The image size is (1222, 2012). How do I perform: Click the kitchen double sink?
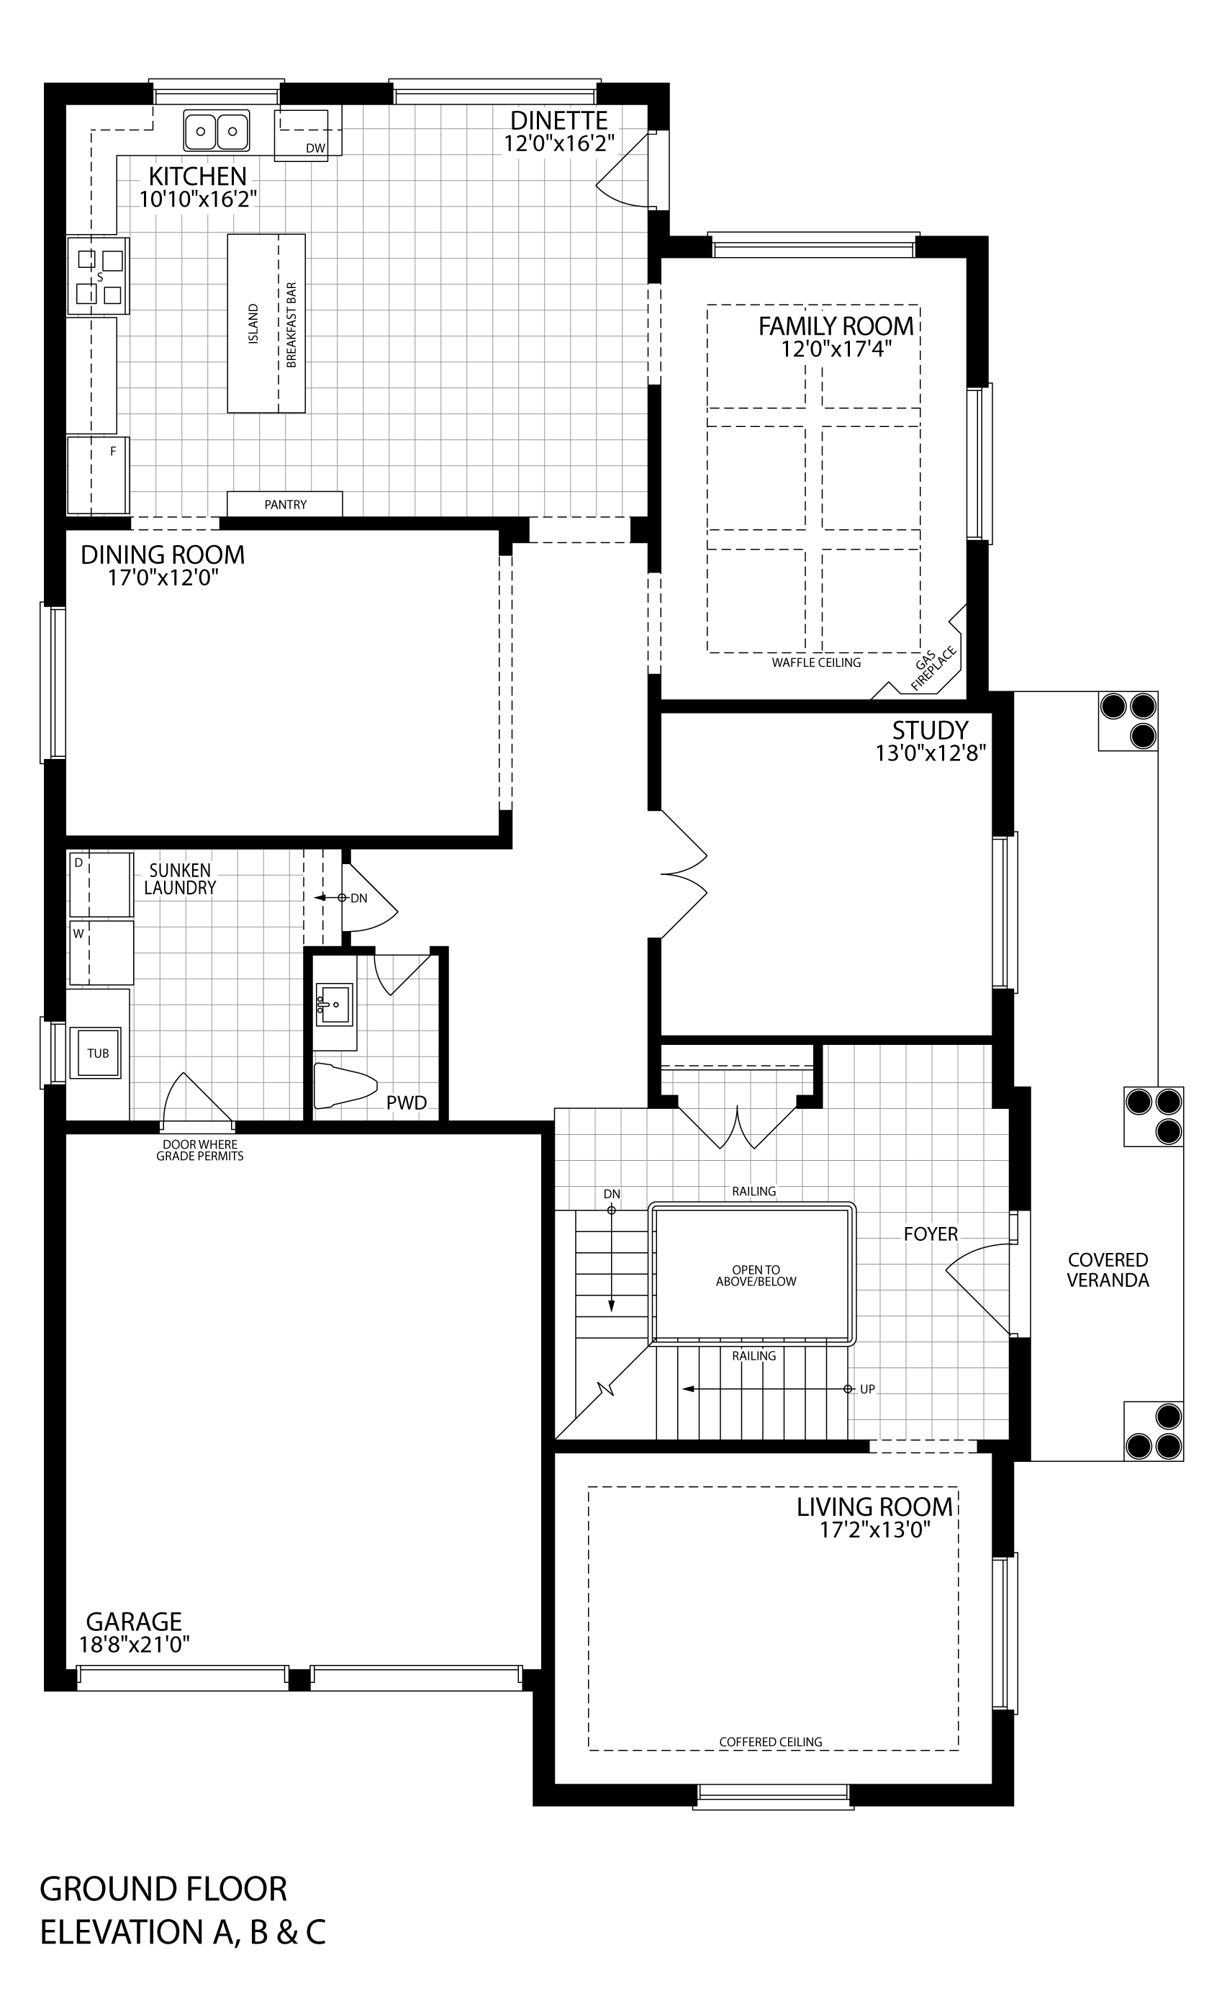[217, 130]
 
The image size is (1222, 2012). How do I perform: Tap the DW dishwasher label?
[315, 148]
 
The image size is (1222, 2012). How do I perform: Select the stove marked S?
[98, 276]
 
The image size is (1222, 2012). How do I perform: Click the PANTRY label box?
[285, 504]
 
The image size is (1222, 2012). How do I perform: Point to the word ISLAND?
[253, 323]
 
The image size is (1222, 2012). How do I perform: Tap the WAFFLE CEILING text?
[816, 663]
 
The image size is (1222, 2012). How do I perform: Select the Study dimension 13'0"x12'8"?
[931, 752]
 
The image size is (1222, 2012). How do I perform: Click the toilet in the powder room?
[345, 1085]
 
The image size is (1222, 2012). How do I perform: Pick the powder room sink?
[334, 1004]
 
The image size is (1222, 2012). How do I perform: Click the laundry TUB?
[98, 1053]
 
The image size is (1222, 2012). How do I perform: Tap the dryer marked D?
[101, 884]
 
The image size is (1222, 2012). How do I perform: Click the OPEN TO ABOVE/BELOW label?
[756, 1275]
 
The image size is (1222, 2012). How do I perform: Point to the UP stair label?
[867, 1389]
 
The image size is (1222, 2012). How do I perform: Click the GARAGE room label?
[134, 1621]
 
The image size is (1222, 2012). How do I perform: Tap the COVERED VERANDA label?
[1108, 1270]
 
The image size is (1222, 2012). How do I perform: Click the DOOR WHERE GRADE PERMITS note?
[200, 1150]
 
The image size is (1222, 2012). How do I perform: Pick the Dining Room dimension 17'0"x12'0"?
[163, 578]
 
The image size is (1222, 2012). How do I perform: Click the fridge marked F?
[98, 475]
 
